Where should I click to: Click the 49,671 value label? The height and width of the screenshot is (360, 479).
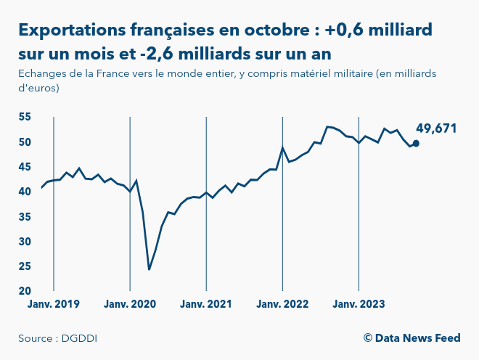435,128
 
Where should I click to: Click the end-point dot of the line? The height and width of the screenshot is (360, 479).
416,143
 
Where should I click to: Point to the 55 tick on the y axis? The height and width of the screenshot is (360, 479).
25,117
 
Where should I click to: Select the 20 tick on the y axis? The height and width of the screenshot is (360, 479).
25,291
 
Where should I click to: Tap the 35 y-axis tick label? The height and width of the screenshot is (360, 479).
25,216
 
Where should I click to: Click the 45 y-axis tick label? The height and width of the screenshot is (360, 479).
25,167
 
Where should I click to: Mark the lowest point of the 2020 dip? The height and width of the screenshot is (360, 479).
149,269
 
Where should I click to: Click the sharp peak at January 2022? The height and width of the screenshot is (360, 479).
282,147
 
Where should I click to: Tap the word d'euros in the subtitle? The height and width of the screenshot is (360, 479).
38,88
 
